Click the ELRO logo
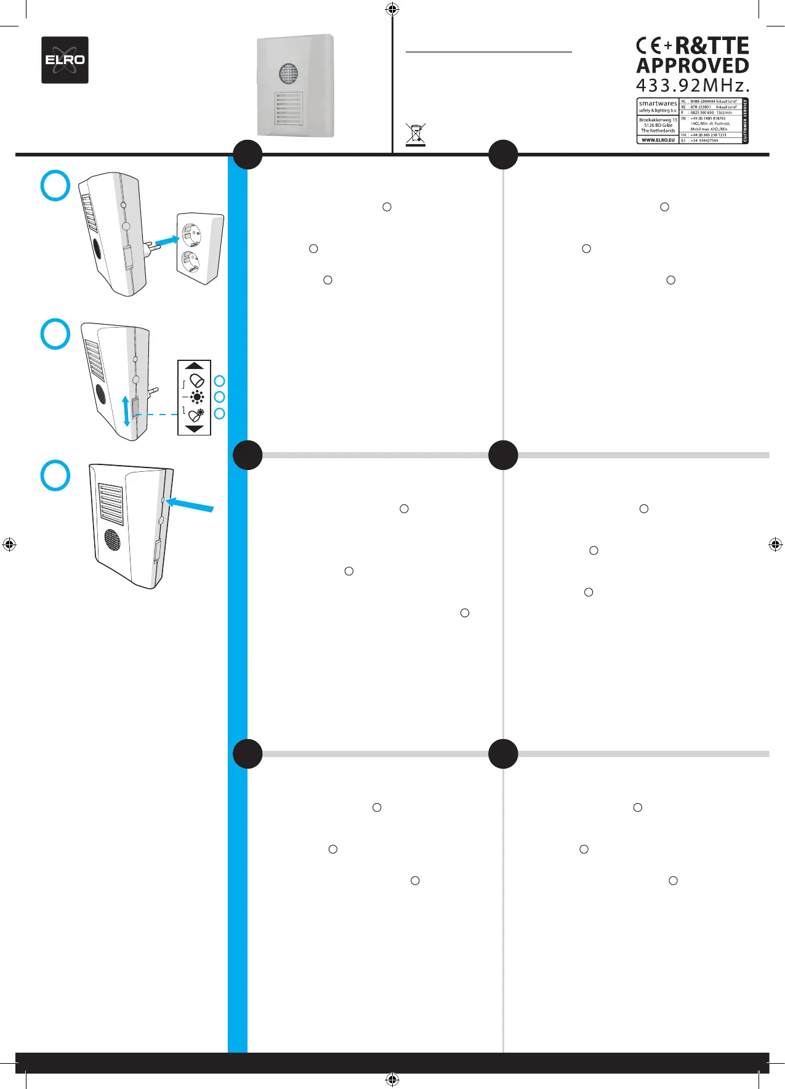coord(65,60)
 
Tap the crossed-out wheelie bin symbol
coord(416,135)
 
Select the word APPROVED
coord(692,66)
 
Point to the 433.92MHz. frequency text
coord(692,84)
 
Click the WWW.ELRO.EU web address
coord(658,140)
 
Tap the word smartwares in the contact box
coord(658,103)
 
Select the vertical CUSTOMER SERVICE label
coord(745,121)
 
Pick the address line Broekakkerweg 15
coord(658,120)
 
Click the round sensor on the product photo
coord(288,74)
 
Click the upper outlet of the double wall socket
coord(191,234)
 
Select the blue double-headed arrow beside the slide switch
coord(127,411)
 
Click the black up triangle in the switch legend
coord(194,365)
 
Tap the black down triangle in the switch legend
coord(194,429)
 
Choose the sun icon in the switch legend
coord(197,397)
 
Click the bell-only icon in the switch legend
coord(197,381)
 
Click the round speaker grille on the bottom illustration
coord(111,540)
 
